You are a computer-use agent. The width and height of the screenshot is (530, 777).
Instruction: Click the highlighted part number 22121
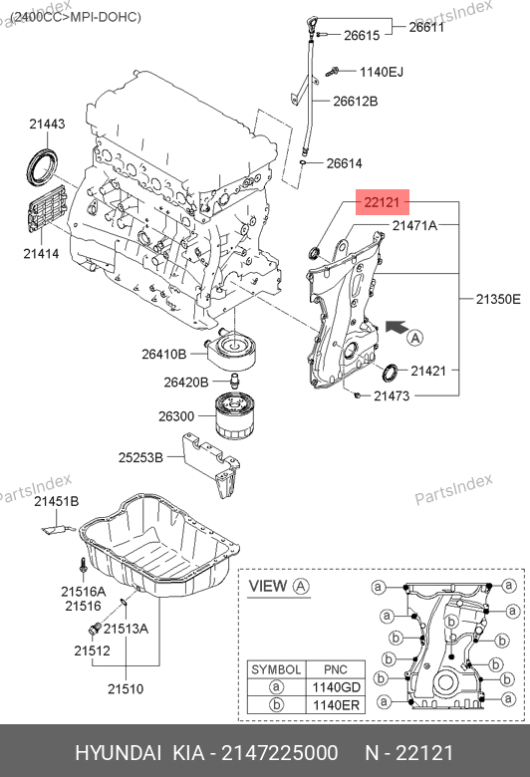click(x=382, y=202)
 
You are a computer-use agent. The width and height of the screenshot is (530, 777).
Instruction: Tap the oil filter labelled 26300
click(x=233, y=415)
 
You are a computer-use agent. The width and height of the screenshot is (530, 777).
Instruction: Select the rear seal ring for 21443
click(x=43, y=166)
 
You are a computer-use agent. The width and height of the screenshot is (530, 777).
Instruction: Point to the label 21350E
click(x=498, y=299)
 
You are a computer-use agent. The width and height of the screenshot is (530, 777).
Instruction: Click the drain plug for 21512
click(x=95, y=629)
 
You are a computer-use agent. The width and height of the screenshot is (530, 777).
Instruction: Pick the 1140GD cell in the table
click(x=336, y=687)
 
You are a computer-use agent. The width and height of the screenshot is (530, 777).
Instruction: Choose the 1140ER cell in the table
click(x=336, y=705)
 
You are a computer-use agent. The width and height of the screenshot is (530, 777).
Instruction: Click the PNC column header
click(x=336, y=669)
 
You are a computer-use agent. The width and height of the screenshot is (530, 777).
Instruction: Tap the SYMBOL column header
click(x=277, y=669)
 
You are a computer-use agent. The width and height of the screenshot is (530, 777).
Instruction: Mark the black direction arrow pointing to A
click(x=397, y=327)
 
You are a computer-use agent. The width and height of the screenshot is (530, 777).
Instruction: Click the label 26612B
click(x=355, y=101)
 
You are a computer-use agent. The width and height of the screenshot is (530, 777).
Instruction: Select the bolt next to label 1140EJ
click(x=332, y=72)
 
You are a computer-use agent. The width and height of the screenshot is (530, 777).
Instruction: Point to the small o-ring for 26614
click(x=302, y=162)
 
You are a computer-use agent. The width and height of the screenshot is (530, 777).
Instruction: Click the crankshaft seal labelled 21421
click(x=390, y=373)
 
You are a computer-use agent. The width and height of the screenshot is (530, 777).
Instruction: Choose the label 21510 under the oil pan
click(x=126, y=688)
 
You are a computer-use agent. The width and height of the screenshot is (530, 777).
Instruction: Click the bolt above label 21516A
click(x=83, y=566)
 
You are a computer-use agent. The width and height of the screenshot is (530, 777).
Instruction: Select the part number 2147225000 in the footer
click(x=280, y=753)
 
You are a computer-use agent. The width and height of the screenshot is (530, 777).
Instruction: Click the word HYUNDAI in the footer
click(x=118, y=753)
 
